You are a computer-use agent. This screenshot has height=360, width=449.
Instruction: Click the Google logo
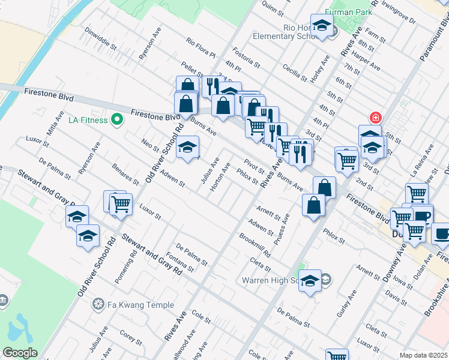[x=19, y=352]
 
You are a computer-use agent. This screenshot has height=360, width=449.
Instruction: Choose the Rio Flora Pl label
[x=200, y=50]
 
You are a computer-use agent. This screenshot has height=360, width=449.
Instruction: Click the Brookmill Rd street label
[x=255, y=245]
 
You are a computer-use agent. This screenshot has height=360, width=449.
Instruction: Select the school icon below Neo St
[x=187, y=147]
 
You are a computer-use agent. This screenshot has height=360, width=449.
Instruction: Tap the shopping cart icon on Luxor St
[x=121, y=204]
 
